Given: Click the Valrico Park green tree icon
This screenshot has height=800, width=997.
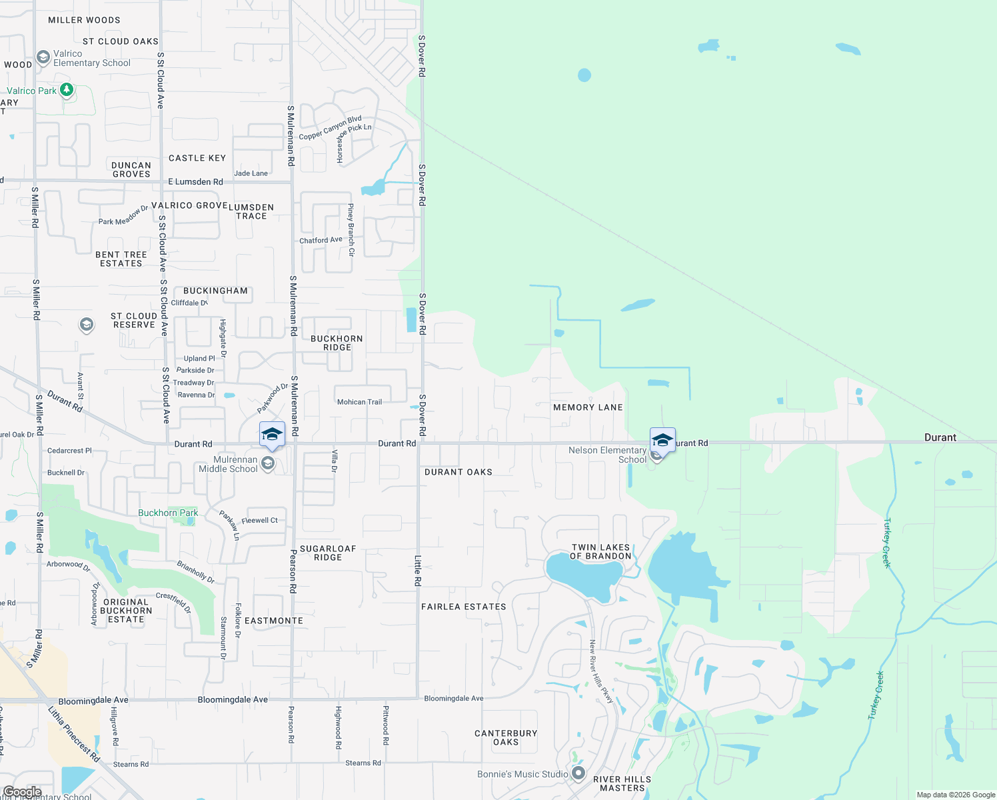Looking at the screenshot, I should pos(66,89).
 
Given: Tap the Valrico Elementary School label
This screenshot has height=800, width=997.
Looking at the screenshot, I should pos(91,59).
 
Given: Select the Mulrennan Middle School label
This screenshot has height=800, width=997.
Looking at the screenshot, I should pos(228,465).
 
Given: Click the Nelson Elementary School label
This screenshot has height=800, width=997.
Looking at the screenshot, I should pos(607,455).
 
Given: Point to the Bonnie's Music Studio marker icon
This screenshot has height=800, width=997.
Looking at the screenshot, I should pos(578,773).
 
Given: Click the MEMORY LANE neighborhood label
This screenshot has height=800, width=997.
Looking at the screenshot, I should pos(588,407).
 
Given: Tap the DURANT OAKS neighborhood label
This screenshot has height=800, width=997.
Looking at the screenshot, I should pos(459,472).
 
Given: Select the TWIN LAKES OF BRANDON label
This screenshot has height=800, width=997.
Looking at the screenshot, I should pos(600,552).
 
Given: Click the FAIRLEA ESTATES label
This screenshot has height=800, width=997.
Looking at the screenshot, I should pos(464,607).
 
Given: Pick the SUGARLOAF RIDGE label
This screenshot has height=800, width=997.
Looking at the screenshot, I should pos(328,553).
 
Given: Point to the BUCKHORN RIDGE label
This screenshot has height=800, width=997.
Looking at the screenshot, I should pos(337,343).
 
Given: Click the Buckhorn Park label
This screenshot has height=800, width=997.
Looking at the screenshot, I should pos(168,513).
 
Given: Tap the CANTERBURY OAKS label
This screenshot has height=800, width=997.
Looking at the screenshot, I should pos(506,737).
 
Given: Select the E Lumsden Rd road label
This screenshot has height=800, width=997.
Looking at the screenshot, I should pos(195,181).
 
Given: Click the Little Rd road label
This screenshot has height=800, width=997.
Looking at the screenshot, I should pos(418,571).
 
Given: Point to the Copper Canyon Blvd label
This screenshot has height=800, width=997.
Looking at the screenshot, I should pos(330,128).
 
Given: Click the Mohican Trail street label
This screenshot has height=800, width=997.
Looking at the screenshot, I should pos(359,402).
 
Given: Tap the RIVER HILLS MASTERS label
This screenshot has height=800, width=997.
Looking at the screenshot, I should pos(622,783).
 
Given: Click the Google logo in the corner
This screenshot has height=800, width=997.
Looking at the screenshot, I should pos(23,791).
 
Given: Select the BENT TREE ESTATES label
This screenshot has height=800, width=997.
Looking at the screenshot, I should pos(121,259).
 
